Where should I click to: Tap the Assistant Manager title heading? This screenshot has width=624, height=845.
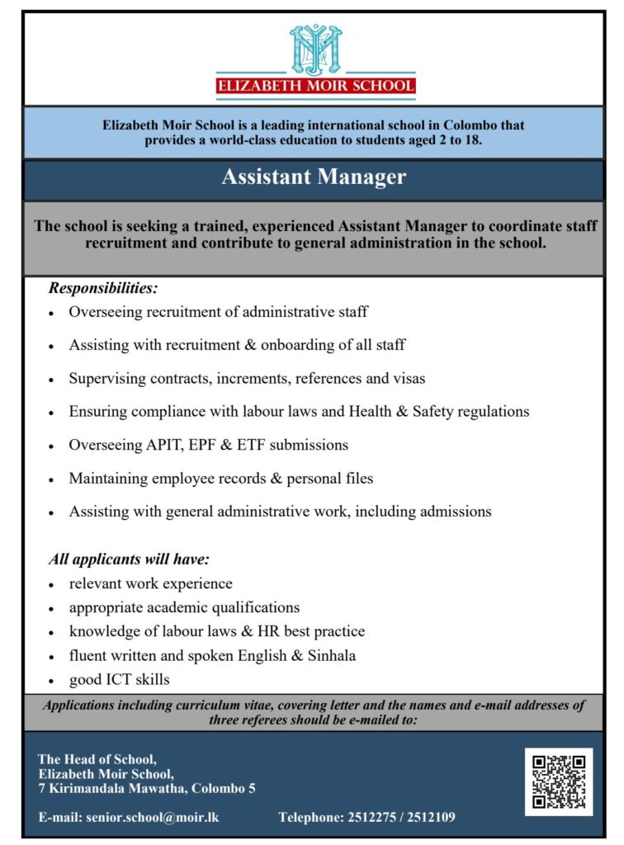[x=314, y=177]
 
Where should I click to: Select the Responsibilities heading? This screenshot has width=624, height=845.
[x=103, y=289]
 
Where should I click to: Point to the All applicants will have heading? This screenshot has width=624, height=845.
[x=129, y=559]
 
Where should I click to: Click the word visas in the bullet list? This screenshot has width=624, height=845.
[x=408, y=379]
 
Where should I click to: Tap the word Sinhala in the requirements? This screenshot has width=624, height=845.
[x=329, y=656]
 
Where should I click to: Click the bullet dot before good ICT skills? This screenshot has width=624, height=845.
[x=51, y=682]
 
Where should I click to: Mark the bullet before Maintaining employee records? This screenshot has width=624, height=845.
[x=51, y=479]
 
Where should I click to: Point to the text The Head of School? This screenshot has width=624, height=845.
[x=97, y=759]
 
